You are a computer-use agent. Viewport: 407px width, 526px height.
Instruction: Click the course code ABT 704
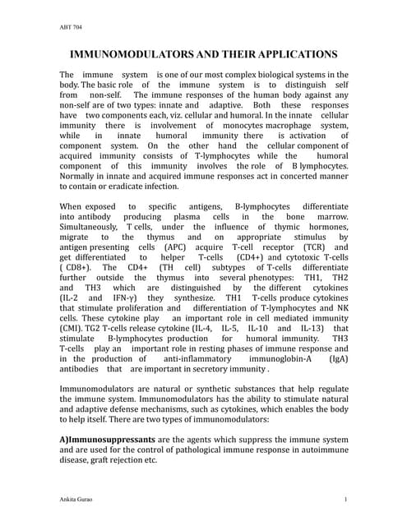pyautogui.click(x=49, y=27)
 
